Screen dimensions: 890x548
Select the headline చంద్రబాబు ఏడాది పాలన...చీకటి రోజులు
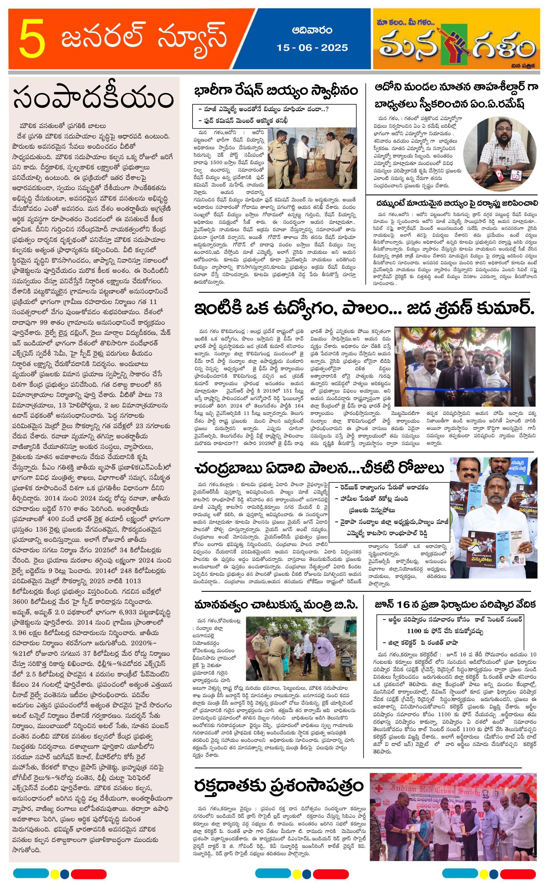click(x=319, y=468)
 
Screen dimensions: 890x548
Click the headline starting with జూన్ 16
click(x=455, y=605)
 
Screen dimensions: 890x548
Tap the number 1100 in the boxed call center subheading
click(x=413, y=631)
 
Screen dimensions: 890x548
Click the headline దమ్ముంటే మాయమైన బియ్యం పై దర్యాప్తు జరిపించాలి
click(x=457, y=203)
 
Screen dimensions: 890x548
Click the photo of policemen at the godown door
click(x=312, y=158)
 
